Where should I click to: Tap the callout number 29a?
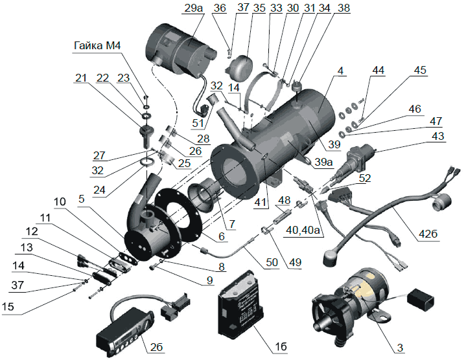[x=193, y=8]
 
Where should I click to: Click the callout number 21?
[x=82, y=78]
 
